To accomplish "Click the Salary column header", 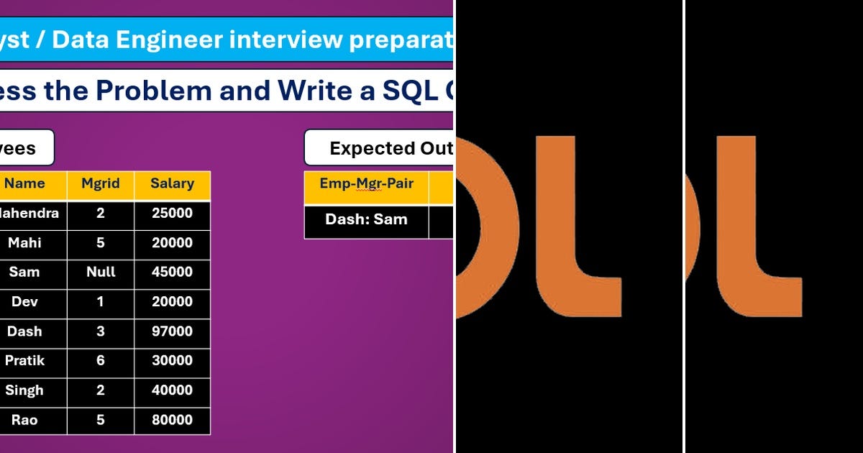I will pos(172,184).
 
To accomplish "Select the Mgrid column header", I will pos(100,184).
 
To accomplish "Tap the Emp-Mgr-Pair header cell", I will pos(366,184).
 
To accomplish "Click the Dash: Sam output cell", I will pos(366,220).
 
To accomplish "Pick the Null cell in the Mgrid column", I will pos(100,273).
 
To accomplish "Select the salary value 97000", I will pos(172,331).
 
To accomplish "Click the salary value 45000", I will pos(172,273).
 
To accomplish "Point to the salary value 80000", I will pos(172,420).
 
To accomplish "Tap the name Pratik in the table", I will pos(24,361).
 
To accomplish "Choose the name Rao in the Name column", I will pos(24,420).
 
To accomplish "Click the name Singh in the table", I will pos(24,390).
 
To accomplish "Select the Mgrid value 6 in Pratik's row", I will pos(100,361).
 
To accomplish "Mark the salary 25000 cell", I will pos(172,214).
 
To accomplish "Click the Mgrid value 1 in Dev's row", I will pos(100,302).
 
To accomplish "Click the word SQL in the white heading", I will pos(402,91).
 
